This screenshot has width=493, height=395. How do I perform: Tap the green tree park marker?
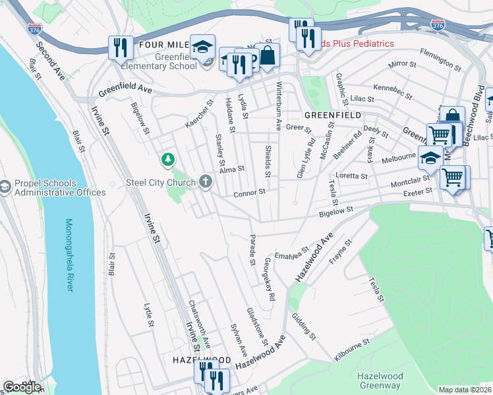[169, 159]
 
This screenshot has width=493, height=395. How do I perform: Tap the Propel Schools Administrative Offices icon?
[5, 188]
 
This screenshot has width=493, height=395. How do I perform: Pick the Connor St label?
[248, 193]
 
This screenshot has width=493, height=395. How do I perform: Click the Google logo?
[21, 386]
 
